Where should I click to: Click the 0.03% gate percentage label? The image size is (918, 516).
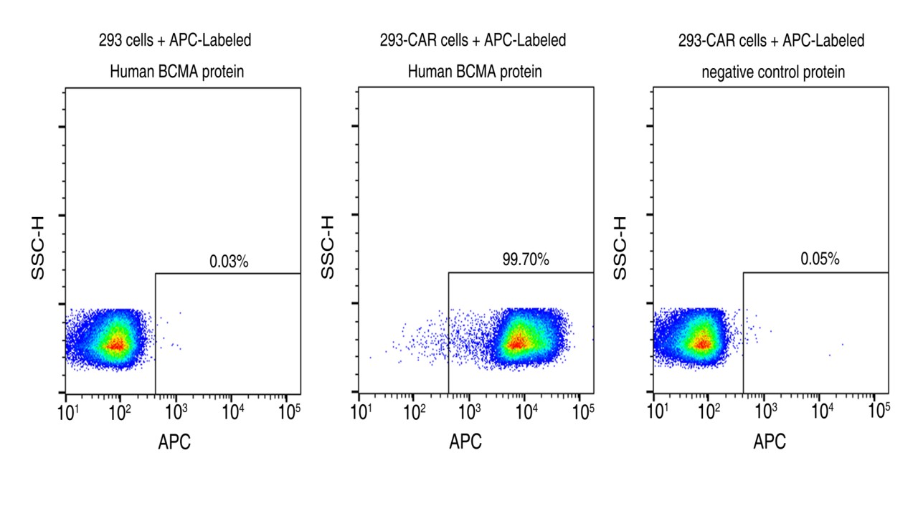[x=229, y=262]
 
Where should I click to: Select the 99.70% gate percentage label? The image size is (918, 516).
[x=526, y=260]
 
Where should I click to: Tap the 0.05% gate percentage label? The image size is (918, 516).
[x=820, y=259]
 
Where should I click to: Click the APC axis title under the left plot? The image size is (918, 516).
[x=174, y=442]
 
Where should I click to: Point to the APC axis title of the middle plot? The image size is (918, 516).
[x=465, y=442]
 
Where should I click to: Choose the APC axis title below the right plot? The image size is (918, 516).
[x=770, y=442]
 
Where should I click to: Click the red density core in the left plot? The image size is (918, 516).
[x=115, y=345]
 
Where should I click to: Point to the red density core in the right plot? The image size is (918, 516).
[x=703, y=344]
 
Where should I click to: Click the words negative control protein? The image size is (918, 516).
[x=773, y=72]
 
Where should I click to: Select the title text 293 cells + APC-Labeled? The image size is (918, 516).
[x=175, y=41]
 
